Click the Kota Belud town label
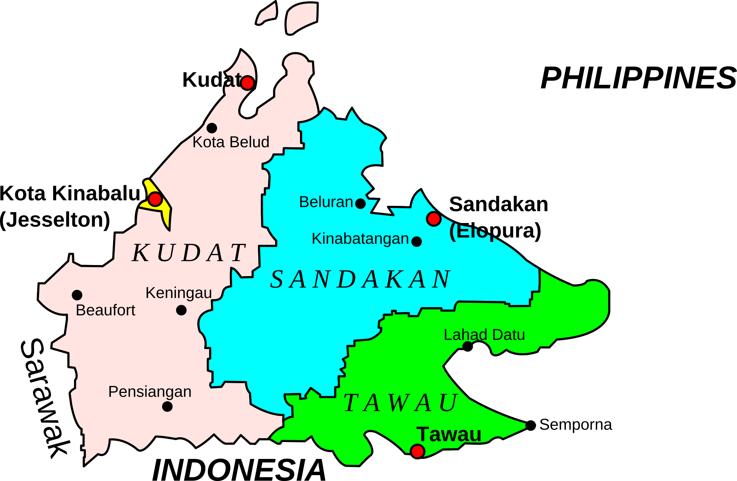click(231, 142)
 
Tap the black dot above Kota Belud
click(212, 128)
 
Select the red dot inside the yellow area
click(155, 199)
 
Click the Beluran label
click(326, 202)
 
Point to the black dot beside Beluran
click(361, 204)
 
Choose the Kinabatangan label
click(360, 239)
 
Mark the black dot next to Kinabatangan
click(417, 241)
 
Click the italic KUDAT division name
click(189, 253)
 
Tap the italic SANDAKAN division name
click(360, 279)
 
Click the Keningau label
click(179, 293)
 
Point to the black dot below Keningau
click(181, 310)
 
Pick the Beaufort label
click(105, 310)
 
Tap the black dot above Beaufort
click(77, 295)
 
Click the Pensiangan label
click(150, 392)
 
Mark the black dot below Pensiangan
click(167, 406)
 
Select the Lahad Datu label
click(484, 335)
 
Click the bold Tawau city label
click(449, 434)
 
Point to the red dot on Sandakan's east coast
click(434, 219)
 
